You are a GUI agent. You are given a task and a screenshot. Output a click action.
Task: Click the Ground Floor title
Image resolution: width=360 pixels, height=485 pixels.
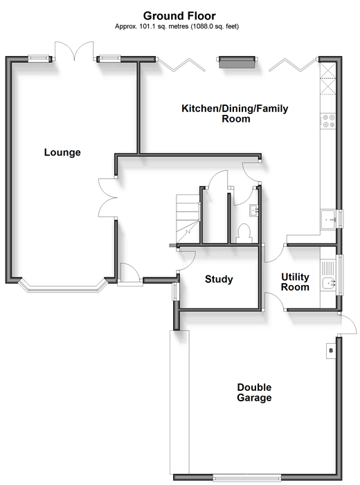click(x=179, y=15)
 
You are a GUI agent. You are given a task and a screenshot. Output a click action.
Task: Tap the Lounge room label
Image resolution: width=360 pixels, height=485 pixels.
click(x=62, y=152)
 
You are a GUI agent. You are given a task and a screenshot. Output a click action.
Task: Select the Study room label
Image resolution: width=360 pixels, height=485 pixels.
click(x=219, y=279)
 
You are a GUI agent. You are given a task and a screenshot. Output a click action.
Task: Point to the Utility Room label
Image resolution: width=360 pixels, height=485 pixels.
click(x=295, y=282)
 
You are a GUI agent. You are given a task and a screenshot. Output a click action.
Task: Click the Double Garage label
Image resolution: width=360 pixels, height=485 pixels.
click(x=254, y=392)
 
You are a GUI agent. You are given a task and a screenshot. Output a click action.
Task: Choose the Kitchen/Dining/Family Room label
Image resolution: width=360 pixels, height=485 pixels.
click(x=235, y=113)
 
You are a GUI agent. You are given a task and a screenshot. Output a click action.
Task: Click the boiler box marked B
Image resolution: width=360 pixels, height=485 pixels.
click(x=331, y=351)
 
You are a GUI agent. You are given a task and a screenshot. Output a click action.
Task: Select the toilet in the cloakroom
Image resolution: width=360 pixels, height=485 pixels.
click(x=244, y=233)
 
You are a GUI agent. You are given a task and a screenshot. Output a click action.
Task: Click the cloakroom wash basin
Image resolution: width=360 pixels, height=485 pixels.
click(x=255, y=210)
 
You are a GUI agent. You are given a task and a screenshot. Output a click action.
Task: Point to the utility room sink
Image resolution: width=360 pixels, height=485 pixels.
click(x=329, y=283)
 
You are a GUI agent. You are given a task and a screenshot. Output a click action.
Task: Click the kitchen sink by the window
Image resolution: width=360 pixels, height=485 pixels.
click(x=329, y=219)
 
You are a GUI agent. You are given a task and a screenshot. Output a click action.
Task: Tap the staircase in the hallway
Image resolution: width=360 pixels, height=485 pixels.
click(x=188, y=219)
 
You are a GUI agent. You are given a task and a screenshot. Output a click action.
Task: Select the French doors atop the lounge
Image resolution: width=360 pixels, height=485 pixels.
click(x=74, y=51)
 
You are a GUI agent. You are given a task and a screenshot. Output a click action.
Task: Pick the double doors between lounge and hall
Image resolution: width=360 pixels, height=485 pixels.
click(x=107, y=197)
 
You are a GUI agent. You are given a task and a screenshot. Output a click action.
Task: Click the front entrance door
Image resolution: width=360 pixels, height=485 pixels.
click(x=129, y=273)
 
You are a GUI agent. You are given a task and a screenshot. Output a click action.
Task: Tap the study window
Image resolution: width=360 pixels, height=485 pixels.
click(x=175, y=291)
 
